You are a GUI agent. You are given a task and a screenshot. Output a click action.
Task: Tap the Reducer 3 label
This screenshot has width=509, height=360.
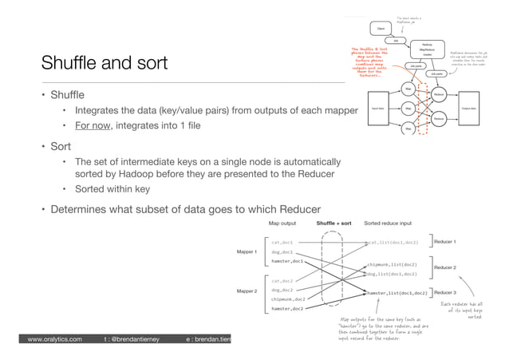click(x=444, y=292)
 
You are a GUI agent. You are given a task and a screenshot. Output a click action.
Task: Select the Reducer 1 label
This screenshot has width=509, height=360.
click(x=444, y=241)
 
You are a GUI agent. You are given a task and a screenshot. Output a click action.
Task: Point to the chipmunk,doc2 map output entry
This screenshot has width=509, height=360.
click(x=289, y=299)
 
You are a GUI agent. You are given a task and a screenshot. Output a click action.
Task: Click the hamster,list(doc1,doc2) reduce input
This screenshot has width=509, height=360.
click(x=396, y=293)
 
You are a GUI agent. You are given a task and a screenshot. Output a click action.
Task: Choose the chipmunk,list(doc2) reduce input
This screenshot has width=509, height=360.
click(x=392, y=263)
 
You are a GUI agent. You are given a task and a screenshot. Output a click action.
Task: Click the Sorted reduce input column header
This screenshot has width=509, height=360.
click(x=388, y=224)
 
